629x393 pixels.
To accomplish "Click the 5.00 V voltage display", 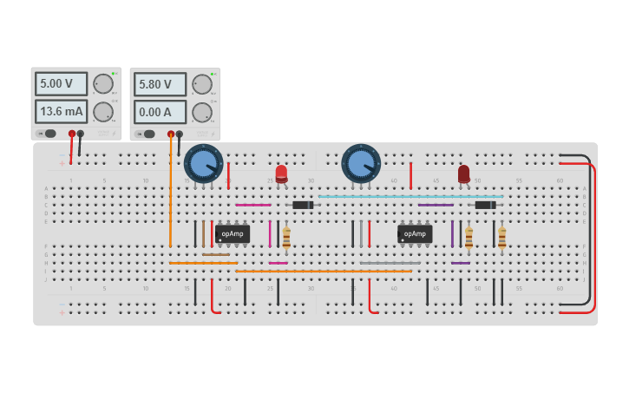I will point(61,84).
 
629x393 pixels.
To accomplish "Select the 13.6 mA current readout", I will point(61,112).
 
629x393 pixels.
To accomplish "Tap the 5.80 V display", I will point(160,84).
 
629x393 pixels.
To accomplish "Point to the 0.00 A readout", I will point(160,112).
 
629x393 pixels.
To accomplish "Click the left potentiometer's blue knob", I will point(203,163).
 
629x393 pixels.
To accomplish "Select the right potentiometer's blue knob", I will point(361,163).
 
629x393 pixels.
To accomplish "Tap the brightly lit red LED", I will point(281,173).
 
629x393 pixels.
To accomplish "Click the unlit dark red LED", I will point(464,174).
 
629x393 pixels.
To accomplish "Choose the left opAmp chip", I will point(233,233).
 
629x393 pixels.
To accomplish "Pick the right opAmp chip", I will point(415,233).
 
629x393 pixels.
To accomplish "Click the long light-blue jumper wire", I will point(410,196).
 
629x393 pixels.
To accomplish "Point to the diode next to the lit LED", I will point(303,205).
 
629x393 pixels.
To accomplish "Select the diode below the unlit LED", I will point(485,205).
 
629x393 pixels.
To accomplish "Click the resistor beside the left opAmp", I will point(286,236).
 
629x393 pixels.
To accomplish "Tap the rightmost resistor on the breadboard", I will point(501,236).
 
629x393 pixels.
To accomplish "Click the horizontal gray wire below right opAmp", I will point(390,263).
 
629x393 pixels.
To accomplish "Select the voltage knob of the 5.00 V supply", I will point(103,84).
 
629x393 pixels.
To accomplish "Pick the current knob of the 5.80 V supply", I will point(202,112).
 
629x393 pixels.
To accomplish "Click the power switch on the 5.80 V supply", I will point(148,134).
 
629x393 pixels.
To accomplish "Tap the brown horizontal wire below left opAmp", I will point(217,254).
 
